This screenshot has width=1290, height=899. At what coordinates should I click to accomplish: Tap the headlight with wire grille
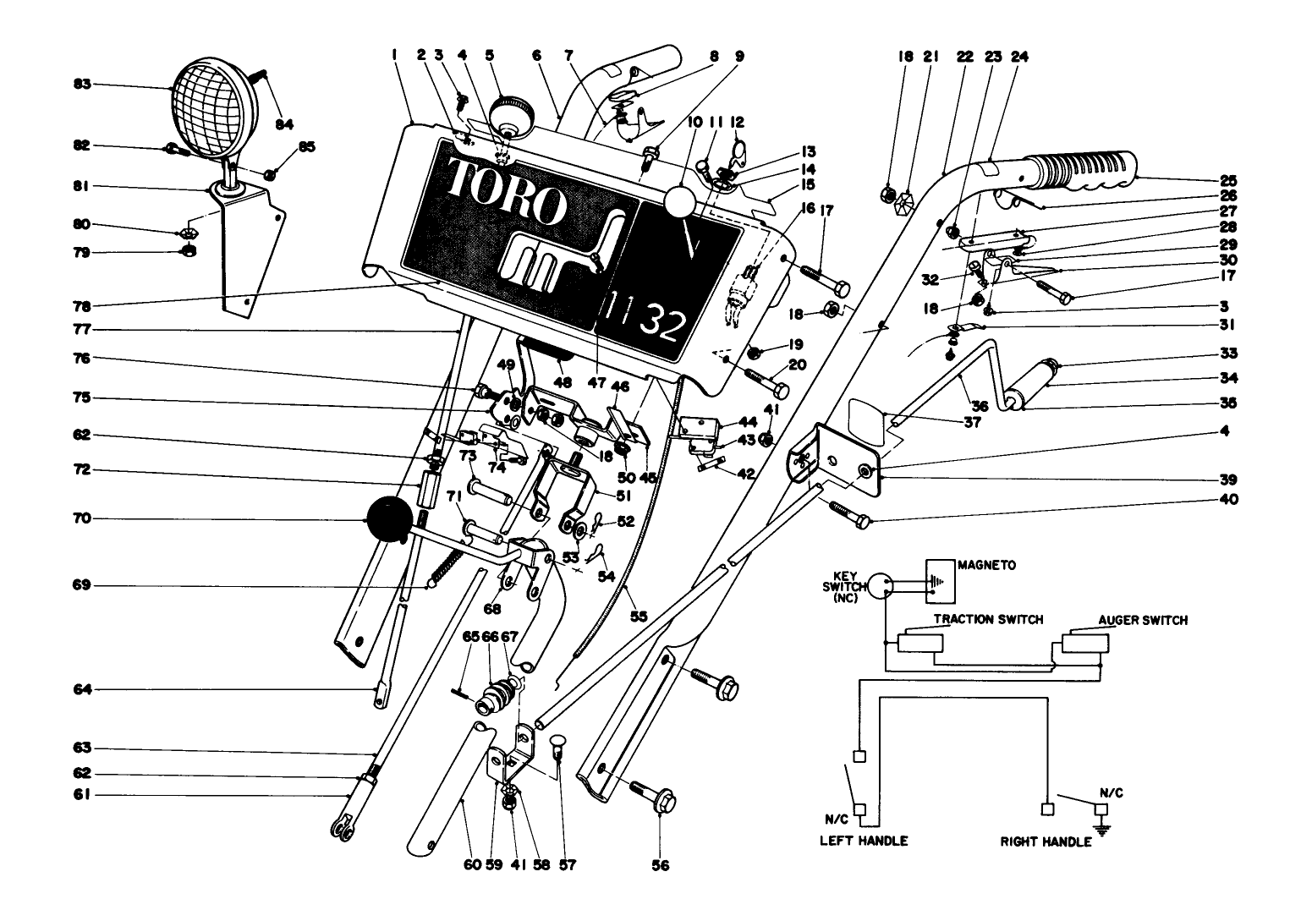point(209,107)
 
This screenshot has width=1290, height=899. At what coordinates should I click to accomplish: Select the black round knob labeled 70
point(387,519)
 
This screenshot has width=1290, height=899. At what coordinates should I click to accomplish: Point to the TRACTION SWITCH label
point(987,619)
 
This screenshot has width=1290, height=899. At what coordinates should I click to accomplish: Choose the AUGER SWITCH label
point(1142,620)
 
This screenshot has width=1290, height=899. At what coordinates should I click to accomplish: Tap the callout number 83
point(82,85)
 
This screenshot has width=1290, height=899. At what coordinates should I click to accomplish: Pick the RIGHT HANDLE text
point(1046,842)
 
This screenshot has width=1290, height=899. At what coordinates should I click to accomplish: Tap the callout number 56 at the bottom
point(660,864)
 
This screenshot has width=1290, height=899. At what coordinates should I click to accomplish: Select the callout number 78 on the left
point(82,305)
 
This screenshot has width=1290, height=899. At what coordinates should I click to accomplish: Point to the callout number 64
point(82,690)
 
